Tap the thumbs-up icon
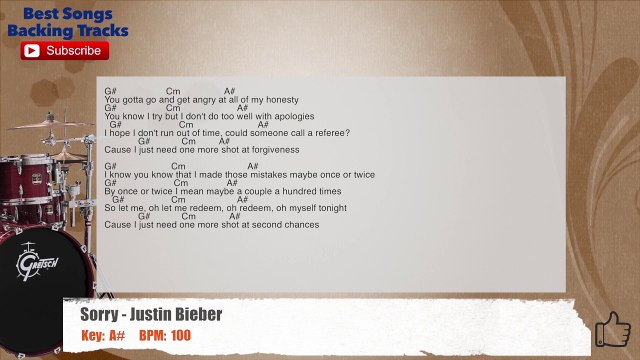click(x=612, y=328)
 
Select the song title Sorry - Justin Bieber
click(x=151, y=315)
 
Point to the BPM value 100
click(x=180, y=336)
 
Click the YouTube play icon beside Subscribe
click(x=31, y=50)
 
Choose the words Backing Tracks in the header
click(x=68, y=30)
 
